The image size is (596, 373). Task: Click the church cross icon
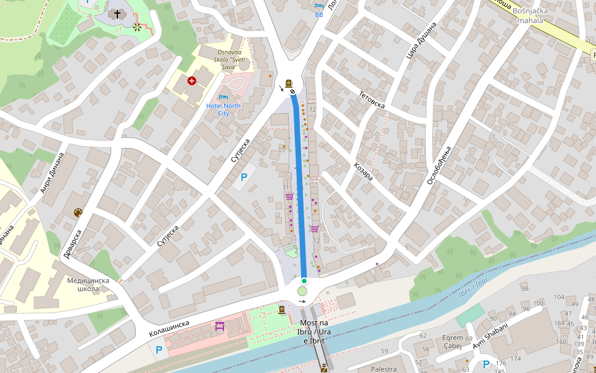pos(117,14)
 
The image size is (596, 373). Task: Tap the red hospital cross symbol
pos(192,80)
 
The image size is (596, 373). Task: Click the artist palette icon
pos(78,213)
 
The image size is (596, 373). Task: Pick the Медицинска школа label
pos(88,285)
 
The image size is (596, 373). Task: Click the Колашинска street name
pos(169,330)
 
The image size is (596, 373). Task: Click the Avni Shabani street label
pos(490,336)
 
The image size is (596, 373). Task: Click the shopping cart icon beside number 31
pos(289,196)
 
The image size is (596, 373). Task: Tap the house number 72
pos(312,109)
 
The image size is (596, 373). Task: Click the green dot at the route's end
pos(304,281)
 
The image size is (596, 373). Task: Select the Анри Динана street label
pos(52,173)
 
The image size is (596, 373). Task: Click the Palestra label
pos(384,369)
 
